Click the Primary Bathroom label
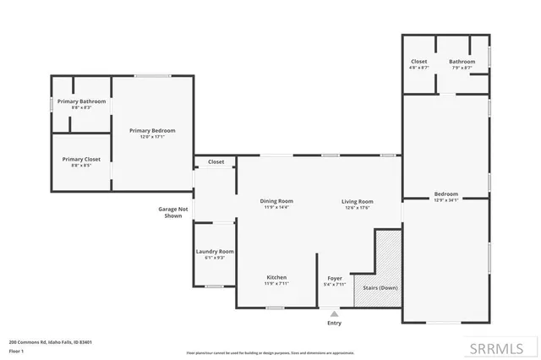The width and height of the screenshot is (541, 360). tap(81, 104)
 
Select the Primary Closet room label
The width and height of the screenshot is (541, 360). tap(81, 161)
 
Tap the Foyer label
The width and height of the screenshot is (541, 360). tap(335, 280)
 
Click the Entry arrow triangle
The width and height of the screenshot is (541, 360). tap(334, 314)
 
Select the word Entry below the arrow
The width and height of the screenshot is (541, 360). tap(334, 323)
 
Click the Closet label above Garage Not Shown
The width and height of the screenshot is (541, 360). tap(216, 161)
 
